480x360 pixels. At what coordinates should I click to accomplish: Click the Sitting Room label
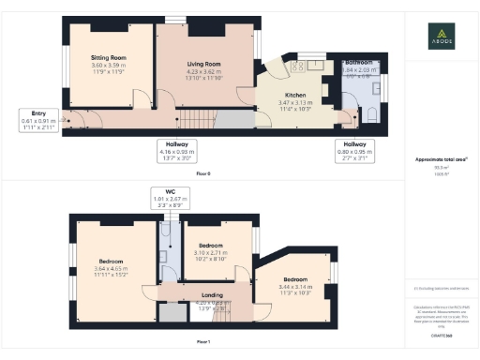point(109,63)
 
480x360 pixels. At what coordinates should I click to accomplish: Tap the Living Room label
point(202,69)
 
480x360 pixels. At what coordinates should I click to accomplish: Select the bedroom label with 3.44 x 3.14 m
point(294,285)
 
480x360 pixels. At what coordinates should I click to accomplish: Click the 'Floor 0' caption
point(203,174)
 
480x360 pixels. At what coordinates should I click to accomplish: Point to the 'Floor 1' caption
point(203,343)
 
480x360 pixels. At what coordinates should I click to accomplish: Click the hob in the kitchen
point(300,67)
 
